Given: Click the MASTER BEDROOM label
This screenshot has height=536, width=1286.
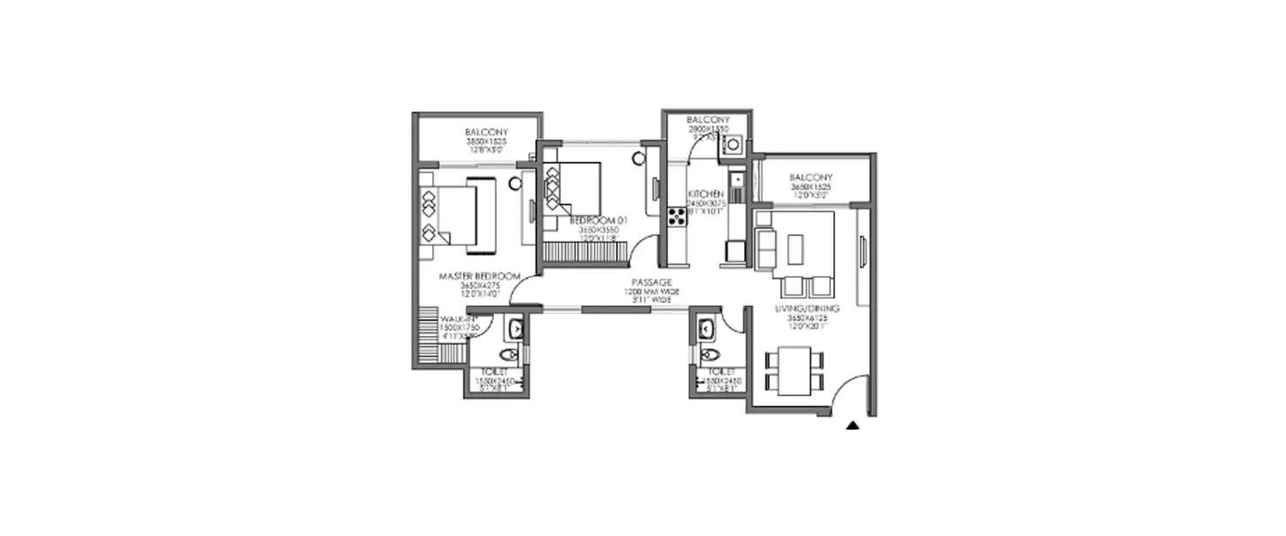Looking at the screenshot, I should pyautogui.click(x=479, y=276).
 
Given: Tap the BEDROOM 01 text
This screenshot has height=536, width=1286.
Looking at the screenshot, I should pyautogui.click(x=598, y=220).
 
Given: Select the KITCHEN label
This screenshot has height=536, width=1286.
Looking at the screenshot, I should pyautogui.click(x=706, y=195).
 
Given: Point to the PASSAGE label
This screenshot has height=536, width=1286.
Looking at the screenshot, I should pyautogui.click(x=651, y=282).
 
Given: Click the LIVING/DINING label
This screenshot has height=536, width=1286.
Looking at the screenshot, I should pyautogui.click(x=812, y=308).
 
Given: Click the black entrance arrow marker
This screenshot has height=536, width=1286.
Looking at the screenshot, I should pyautogui.click(x=852, y=424).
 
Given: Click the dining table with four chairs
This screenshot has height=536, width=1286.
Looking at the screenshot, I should pyautogui.click(x=797, y=368).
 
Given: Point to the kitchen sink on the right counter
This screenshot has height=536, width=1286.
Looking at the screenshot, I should pyautogui.click(x=736, y=181).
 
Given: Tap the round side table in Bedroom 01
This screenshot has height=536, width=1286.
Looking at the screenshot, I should pyautogui.click(x=639, y=158).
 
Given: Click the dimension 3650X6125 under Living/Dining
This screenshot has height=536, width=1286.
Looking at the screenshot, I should pyautogui.click(x=812, y=318).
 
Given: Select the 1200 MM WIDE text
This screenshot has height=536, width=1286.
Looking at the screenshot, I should pyautogui.click(x=651, y=292).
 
